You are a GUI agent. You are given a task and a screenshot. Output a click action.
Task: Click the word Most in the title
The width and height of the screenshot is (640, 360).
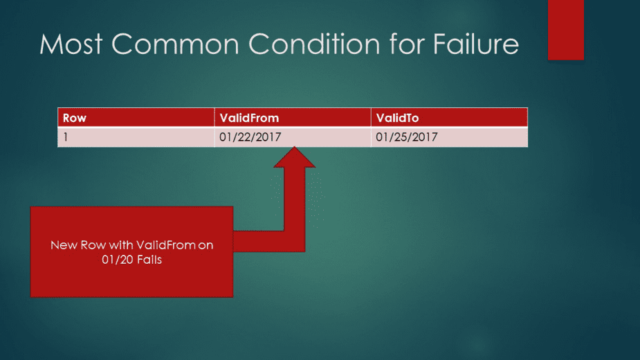click(71, 44)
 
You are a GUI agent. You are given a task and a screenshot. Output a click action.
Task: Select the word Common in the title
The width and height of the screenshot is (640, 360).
click(175, 44)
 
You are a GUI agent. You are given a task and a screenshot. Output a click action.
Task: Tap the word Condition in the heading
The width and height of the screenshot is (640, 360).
click(314, 44)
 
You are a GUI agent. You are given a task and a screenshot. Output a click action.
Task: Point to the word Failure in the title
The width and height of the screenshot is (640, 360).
click(476, 44)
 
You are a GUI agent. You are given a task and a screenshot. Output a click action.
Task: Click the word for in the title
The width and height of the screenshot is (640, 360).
click(407, 44)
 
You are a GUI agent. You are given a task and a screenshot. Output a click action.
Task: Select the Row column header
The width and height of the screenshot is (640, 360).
click(136, 118)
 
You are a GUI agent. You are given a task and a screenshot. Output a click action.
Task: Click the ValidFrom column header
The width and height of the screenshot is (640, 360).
click(293, 118)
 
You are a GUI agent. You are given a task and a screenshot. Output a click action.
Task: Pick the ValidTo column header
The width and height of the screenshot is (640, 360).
click(450, 118)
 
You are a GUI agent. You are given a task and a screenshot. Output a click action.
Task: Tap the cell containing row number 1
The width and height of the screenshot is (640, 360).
click(136, 137)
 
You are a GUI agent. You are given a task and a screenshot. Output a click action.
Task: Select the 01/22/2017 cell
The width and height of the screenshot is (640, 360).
click(293, 137)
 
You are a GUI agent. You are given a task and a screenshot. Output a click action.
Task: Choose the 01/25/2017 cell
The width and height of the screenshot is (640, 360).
click(450, 137)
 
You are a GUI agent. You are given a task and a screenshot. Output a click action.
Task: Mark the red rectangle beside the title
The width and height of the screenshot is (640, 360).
click(566, 30)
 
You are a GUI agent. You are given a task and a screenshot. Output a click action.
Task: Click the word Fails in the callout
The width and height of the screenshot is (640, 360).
click(149, 260)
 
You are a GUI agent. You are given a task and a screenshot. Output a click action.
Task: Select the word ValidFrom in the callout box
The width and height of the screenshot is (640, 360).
click(166, 245)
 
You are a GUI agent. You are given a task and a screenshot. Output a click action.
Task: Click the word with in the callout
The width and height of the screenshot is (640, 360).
click(121, 245)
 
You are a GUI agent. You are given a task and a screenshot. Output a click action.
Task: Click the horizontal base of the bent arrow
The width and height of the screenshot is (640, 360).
click(269, 241)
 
